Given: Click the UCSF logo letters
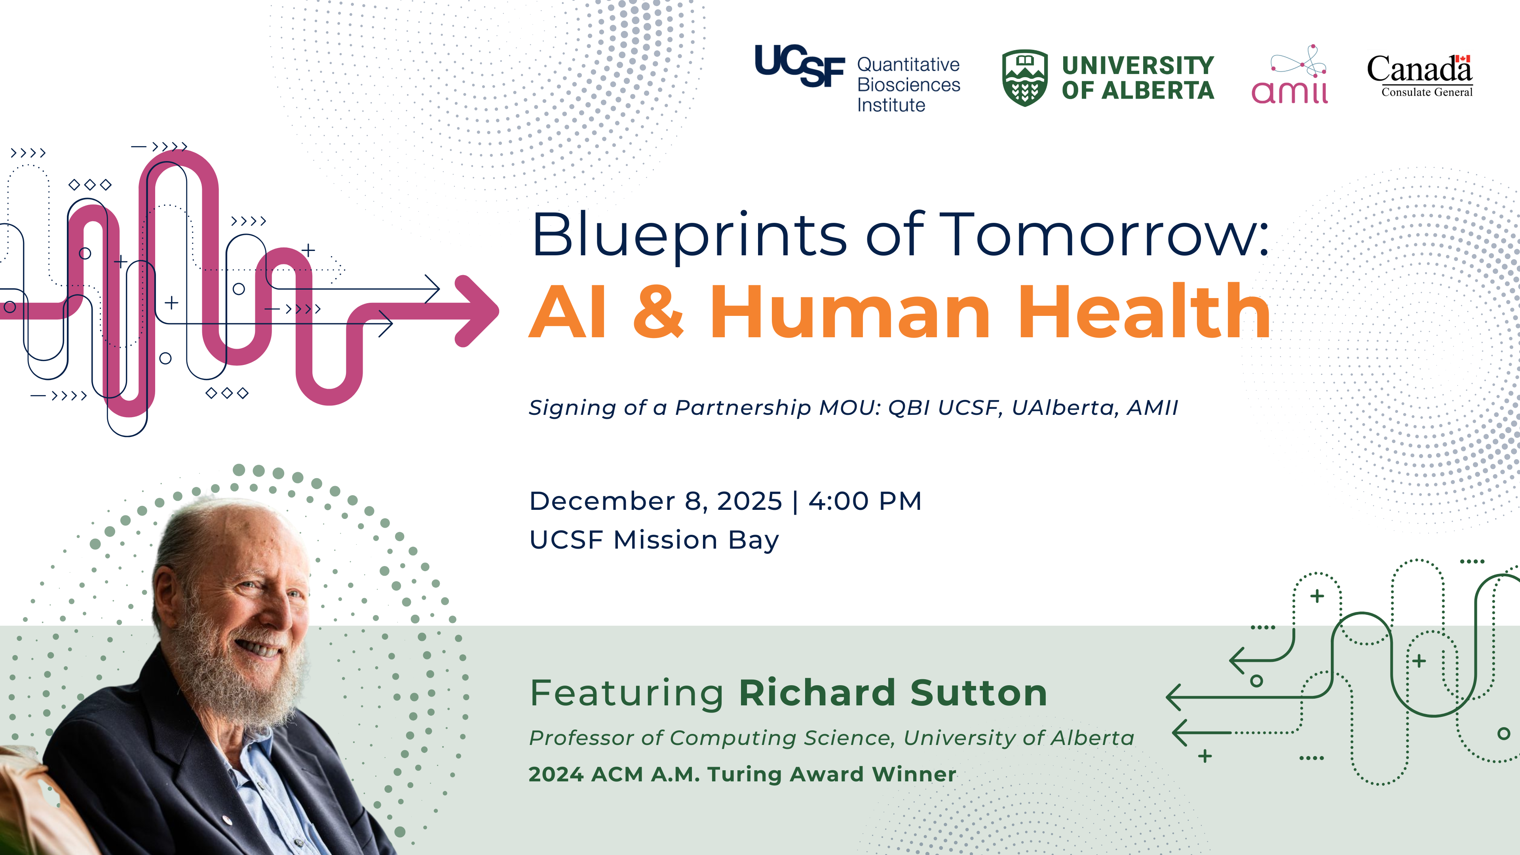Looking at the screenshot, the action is pos(800,65).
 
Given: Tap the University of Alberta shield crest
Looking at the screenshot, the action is pos(1025,77).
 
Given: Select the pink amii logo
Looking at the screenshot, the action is pos(1290,75).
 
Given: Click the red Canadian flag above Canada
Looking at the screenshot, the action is pos(1462,59).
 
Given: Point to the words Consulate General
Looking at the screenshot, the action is pos(1427,92).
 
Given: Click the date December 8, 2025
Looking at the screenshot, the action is pos(655,502).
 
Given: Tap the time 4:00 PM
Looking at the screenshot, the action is pos(865,501).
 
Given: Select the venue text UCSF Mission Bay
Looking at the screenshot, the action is pos(654,540).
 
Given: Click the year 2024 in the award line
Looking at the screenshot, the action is pos(556,774).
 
